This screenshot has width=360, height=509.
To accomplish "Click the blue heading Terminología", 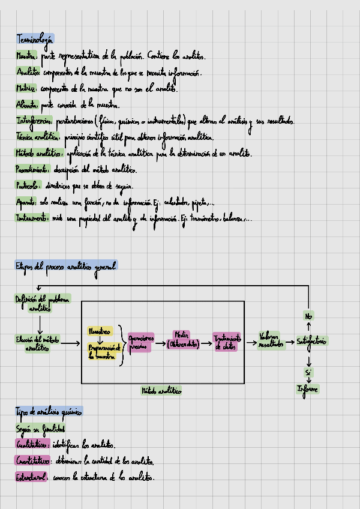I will pyautogui.click(x=35, y=40).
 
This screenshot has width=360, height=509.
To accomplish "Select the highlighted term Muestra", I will pyautogui.click(x=26, y=56).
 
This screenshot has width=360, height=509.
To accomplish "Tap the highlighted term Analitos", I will pyautogui.click(x=28, y=73).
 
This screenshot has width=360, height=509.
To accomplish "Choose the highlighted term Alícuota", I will pyautogui.click(x=26, y=104).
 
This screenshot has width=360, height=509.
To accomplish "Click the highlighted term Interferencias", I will pyautogui.click(x=34, y=121).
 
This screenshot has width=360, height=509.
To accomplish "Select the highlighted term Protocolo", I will pyautogui.click(x=28, y=185).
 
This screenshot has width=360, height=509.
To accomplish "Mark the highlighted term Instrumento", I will pyautogui.click(x=32, y=218).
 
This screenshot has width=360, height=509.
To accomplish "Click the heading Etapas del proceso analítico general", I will pyautogui.click(x=66, y=265).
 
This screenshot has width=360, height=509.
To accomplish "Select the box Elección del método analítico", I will pyautogui.click(x=38, y=343).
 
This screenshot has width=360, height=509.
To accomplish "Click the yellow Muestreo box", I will pyautogui.click(x=100, y=331).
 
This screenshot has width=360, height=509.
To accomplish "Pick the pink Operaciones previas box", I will pyautogui.click(x=140, y=342).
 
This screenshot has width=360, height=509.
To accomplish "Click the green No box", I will pyautogui.click(x=308, y=316).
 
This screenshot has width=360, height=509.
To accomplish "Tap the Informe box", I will pyautogui.click(x=308, y=389).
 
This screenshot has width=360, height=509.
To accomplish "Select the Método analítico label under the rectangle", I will pyautogui.click(x=161, y=390).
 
